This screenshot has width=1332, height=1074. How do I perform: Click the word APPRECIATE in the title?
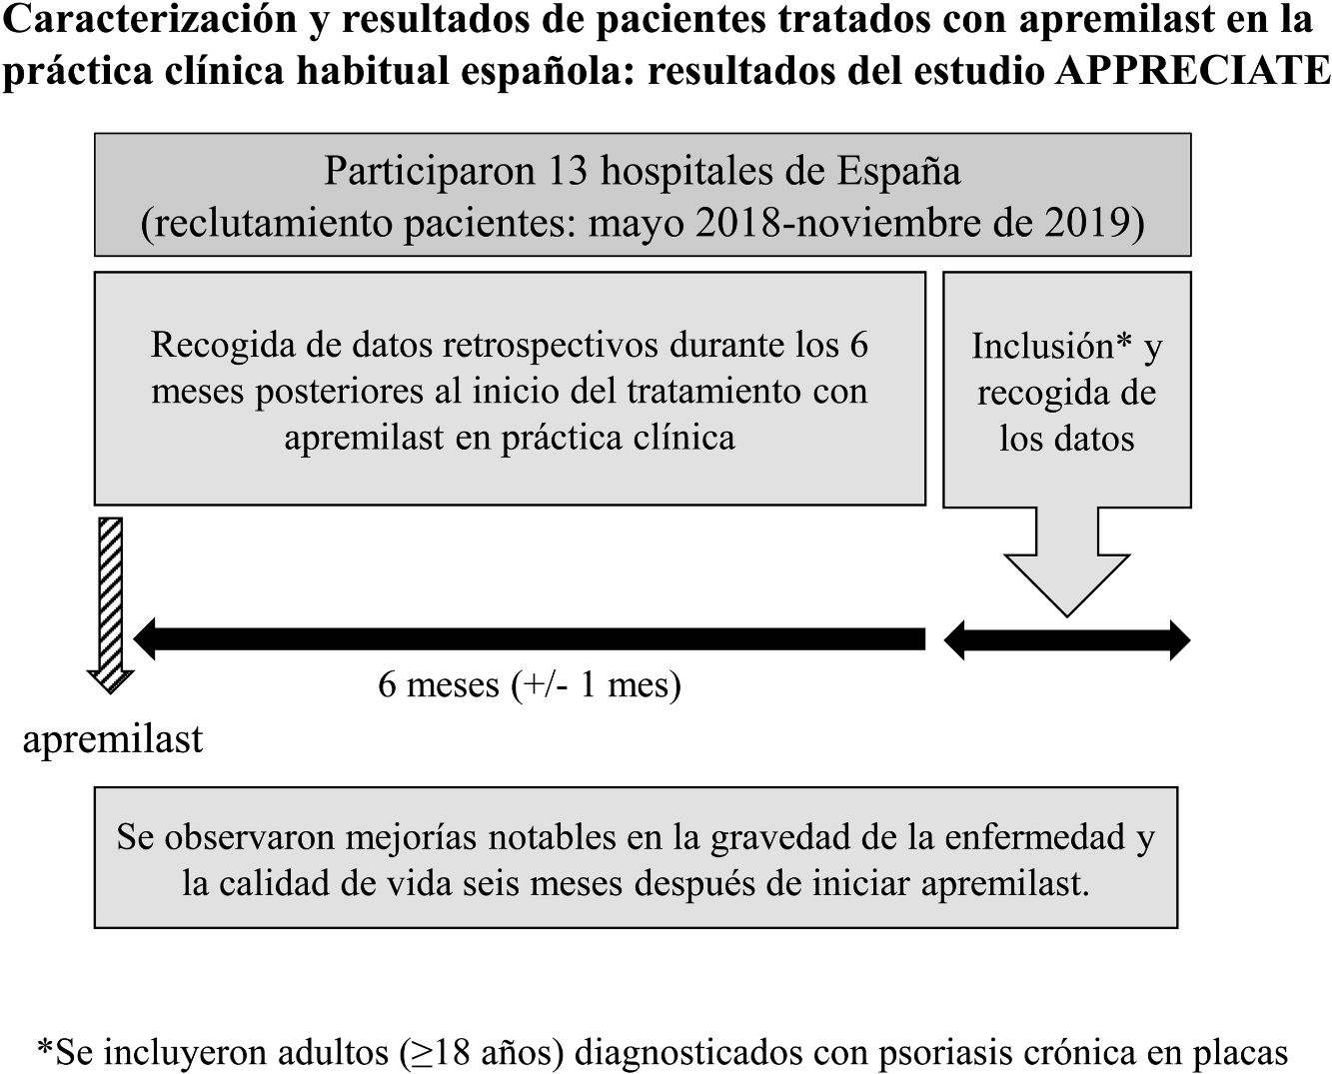coord(1192,71)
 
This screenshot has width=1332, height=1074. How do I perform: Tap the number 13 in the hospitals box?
coord(567,171)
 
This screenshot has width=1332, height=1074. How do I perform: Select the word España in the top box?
coord(898,171)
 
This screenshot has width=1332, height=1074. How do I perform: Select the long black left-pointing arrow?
coord(530,639)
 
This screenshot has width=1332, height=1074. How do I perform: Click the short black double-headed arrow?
coord(1066,640)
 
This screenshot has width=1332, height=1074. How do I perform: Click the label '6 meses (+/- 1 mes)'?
coord(529,685)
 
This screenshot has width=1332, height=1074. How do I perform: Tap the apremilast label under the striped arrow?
coord(113,739)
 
